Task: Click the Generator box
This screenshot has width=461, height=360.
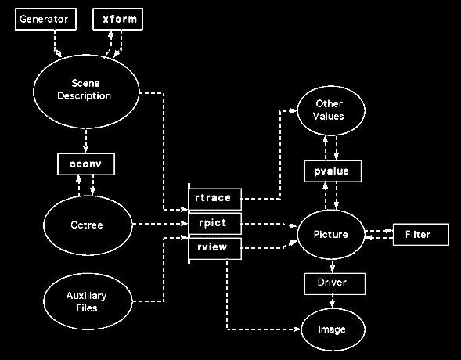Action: (45, 19)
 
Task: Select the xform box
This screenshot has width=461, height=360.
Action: (117, 19)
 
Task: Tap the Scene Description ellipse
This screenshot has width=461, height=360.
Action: (86, 92)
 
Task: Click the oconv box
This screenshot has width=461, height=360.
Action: (86, 164)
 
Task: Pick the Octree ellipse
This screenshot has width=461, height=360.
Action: (88, 225)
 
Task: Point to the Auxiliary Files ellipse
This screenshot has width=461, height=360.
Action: (88, 301)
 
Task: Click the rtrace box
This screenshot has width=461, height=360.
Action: (215, 199)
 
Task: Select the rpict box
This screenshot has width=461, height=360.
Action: (215, 224)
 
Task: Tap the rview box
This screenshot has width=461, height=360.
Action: (215, 249)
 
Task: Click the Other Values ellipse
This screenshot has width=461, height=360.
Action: (331, 110)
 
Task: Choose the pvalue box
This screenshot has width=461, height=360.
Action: (333, 171)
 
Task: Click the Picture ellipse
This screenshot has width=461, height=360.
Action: (331, 234)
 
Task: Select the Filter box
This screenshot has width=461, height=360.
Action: (421, 235)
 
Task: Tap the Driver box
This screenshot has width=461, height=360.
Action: (334, 284)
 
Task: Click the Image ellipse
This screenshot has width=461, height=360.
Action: (333, 329)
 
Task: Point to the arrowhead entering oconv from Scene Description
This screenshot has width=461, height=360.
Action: (85, 149)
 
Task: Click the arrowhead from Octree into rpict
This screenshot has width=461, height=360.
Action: (185, 224)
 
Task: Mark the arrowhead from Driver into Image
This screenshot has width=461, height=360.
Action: (333, 304)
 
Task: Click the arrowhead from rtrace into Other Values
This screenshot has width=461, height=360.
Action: (294, 111)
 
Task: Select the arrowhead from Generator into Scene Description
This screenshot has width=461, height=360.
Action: (59, 54)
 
